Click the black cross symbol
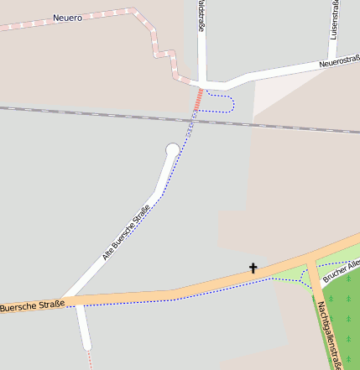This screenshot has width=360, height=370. pyautogui.click(x=253, y=268)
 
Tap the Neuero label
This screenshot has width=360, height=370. pyautogui.click(x=68, y=18)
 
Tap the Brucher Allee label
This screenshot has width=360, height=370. pyautogui.click(x=342, y=270)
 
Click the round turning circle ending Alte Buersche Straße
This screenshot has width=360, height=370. pyautogui.click(x=173, y=150)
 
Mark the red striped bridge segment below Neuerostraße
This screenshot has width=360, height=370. pyautogui.click(x=199, y=100)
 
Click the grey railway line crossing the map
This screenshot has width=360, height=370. pyautogui.click(x=84, y=111)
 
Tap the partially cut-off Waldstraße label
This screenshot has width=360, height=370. pyautogui.click(x=201, y=17)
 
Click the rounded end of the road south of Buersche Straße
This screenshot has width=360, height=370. pyautogui.click(x=86, y=344)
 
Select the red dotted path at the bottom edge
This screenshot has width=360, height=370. pyautogui.click(x=90, y=361)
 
